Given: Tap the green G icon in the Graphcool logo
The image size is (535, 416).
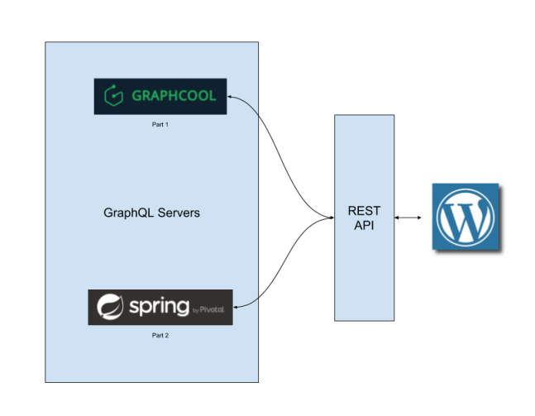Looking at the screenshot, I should [111, 96].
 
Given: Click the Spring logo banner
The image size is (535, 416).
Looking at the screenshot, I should [160, 307].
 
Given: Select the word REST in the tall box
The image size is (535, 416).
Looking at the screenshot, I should [364, 211].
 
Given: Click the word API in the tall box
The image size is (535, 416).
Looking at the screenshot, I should [364, 225].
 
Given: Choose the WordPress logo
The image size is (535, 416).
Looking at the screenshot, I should [465, 218].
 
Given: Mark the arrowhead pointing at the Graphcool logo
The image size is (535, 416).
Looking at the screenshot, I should [231, 97].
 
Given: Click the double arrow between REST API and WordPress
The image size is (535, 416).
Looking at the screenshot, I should [408, 218].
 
